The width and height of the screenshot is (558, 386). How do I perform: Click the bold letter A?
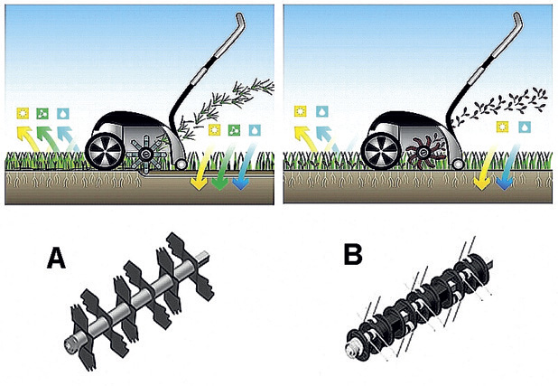pyautogui.click(x=56, y=258)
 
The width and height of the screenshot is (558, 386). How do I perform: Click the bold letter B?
pyautogui.click(x=353, y=254)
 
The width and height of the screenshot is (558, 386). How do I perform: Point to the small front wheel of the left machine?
pyautogui.click(x=181, y=164)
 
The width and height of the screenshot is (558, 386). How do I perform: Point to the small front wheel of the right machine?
pyautogui.click(x=457, y=164)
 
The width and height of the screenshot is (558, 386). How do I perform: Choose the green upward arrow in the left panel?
pyautogui.click(x=49, y=138)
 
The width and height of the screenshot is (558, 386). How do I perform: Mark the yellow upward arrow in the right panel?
pyautogui.click(x=306, y=138)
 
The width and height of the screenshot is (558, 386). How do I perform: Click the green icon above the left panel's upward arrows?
pyautogui.click(x=42, y=114)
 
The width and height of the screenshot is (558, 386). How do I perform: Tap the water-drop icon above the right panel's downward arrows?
pyautogui.click(x=525, y=127)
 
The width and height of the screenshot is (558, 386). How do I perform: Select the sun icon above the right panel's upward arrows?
pyautogui.click(x=301, y=111)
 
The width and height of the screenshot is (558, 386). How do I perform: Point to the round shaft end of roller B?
pyautogui.click(x=352, y=348)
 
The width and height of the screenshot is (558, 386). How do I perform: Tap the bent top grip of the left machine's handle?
pyautogui.click(x=239, y=21)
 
